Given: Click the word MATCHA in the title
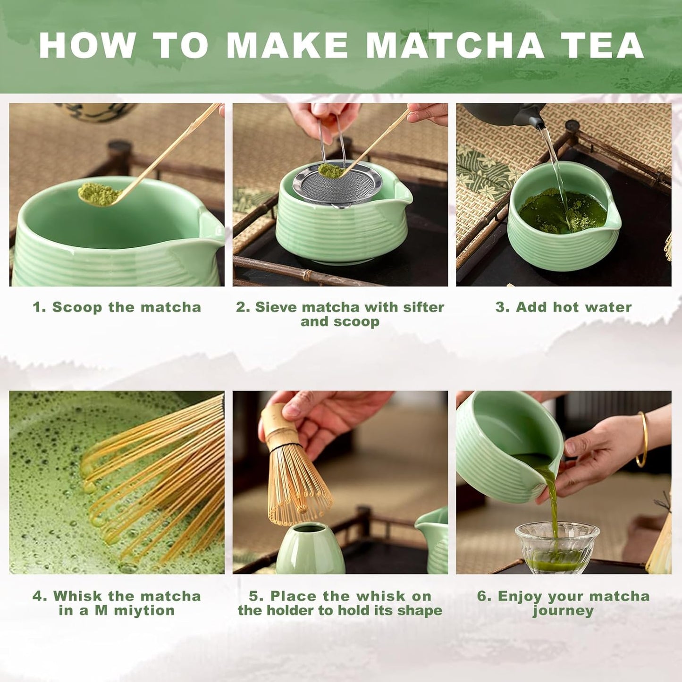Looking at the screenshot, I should click(x=455, y=46).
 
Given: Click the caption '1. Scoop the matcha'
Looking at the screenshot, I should click(x=117, y=307).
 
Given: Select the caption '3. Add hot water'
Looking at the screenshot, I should click(x=563, y=307).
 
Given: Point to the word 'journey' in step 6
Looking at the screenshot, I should click(x=563, y=611).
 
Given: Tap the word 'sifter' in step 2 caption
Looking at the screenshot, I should click(x=423, y=307).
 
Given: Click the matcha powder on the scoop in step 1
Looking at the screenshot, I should click(x=97, y=193).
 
